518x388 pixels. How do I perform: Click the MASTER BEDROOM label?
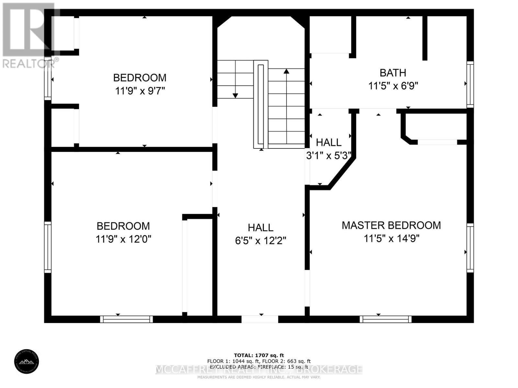tap(391, 225)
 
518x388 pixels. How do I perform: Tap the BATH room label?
tap(393, 73)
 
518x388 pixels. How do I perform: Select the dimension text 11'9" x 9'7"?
tap(140, 91)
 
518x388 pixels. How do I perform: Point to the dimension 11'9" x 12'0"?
tap(123, 239)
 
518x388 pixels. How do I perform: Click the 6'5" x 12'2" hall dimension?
tap(261, 241)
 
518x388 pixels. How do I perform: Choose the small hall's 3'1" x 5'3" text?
tap(329, 156)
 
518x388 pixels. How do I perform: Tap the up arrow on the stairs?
tap(286, 72)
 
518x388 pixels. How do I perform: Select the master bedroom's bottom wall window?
tap(385, 319)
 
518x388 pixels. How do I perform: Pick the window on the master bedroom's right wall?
tap(470, 248)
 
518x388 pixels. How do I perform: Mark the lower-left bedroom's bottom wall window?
tap(126, 319)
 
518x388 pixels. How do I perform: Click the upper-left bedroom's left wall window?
tap(48, 78)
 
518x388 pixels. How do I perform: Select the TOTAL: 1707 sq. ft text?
tap(259, 355)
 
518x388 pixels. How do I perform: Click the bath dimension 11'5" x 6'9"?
tap(393, 86)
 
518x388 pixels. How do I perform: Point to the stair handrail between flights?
tap(261, 105)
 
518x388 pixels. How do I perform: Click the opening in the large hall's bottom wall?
tap(260, 319)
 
